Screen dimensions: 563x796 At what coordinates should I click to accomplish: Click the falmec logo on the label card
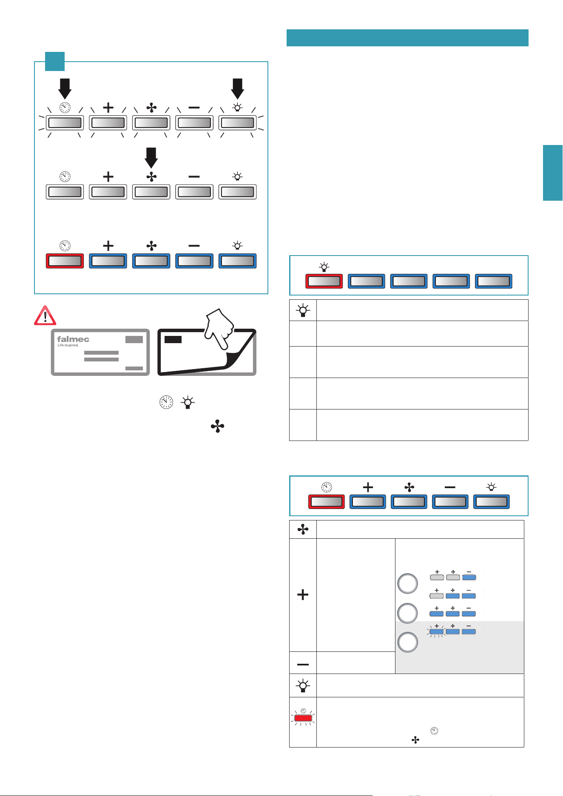coord(73,339)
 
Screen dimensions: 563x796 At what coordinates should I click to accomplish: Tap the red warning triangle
coord(45,315)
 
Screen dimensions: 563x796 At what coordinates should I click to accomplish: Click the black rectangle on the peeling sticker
coord(173,339)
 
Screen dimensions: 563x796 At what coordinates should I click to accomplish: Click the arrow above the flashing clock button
coord(65,88)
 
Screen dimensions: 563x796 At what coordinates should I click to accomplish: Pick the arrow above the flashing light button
coord(237,88)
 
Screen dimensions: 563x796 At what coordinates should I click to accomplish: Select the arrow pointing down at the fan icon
coord(151,158)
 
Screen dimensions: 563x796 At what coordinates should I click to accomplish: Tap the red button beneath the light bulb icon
coord(324,281)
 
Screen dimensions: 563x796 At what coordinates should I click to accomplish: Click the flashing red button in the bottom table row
coord(303,718)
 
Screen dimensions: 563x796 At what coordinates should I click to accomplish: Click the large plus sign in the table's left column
coord(303,594)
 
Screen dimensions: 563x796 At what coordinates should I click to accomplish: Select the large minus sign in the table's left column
coord(303,664)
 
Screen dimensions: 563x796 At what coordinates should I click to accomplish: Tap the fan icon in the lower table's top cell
coord(303,529)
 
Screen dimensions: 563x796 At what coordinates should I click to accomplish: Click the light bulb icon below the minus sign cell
coord(303,685)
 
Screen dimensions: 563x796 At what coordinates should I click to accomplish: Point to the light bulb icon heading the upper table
coord(303,310)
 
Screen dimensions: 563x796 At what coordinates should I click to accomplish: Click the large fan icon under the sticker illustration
coord(217,426)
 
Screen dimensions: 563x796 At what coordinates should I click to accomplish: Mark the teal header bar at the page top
coord(407,38)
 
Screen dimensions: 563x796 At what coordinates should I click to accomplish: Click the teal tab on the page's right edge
coord(553,173)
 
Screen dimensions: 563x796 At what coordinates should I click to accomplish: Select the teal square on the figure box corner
coord(55,61)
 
